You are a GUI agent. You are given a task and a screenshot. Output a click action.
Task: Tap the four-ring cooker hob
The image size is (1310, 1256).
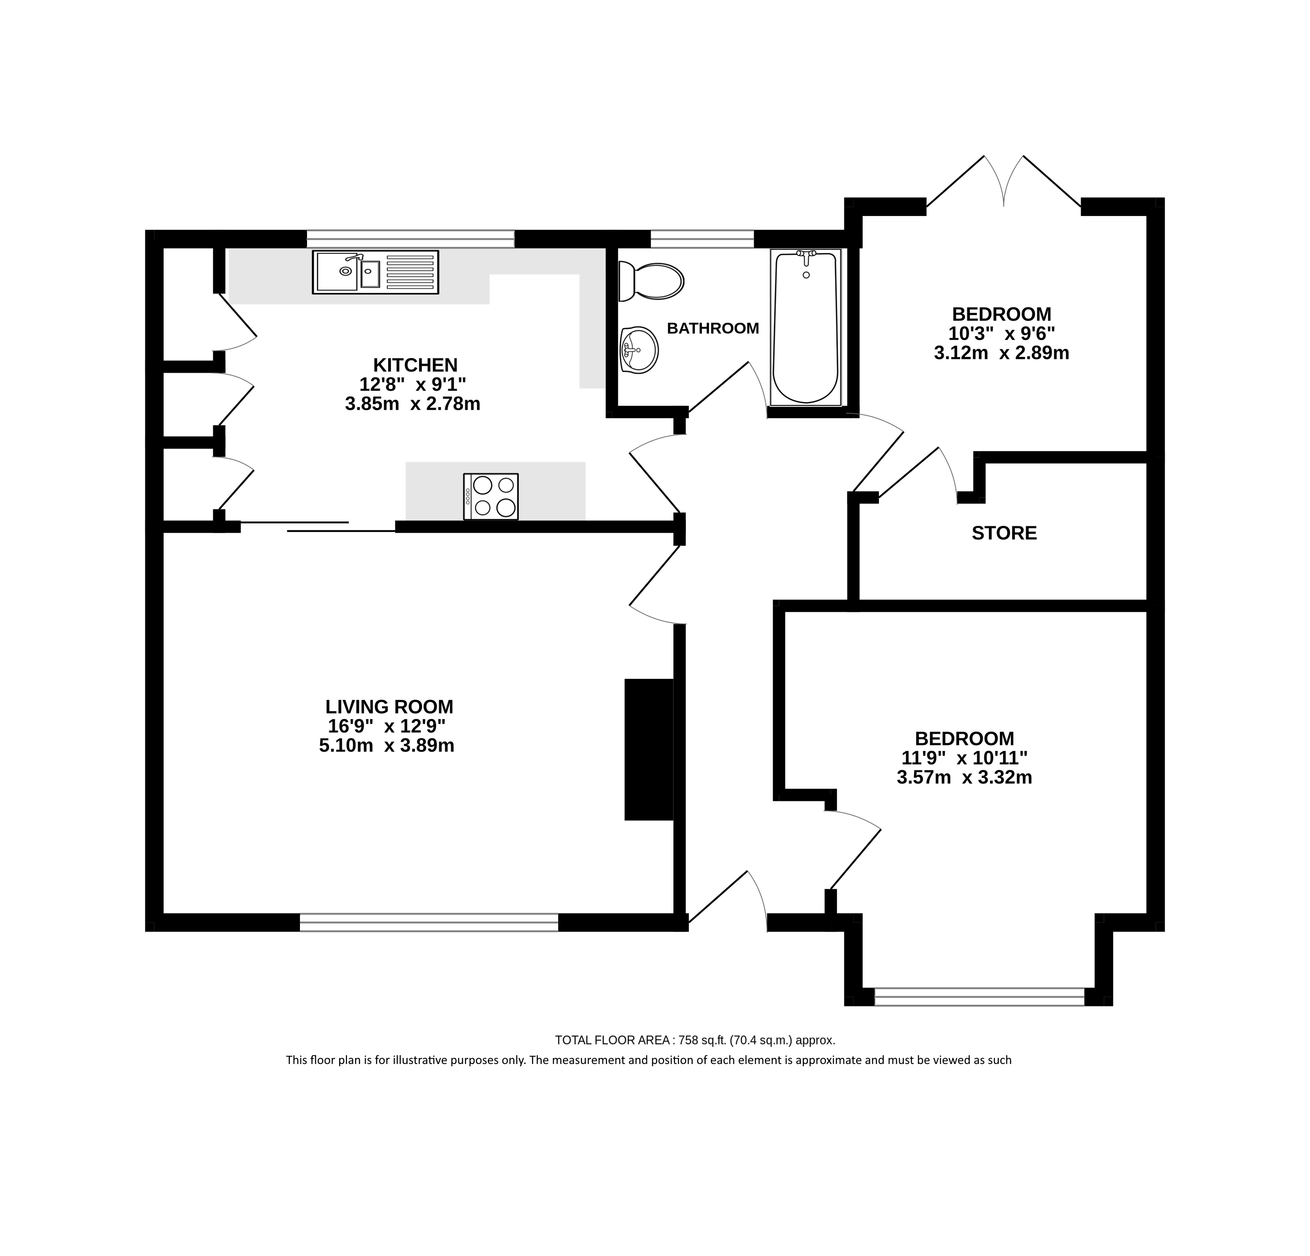(490, 496)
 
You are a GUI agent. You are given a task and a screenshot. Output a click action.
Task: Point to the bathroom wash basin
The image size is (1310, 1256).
(639, 349)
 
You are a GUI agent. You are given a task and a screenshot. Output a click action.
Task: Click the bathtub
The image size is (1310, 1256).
(805, 328)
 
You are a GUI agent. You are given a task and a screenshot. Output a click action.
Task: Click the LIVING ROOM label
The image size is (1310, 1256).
(389, 706)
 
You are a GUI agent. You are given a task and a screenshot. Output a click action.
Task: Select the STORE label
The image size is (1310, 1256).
(1004, 533)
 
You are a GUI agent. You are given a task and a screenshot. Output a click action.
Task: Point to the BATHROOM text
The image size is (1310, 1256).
(713, 328)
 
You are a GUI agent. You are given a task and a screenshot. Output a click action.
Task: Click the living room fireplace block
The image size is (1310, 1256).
(648, 749)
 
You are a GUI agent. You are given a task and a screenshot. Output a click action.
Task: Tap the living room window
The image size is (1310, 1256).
(429, 922)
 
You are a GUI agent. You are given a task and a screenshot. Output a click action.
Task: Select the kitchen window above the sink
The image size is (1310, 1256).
(411, 239)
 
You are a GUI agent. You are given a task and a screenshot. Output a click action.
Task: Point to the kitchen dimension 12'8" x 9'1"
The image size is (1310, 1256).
(412, 384)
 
